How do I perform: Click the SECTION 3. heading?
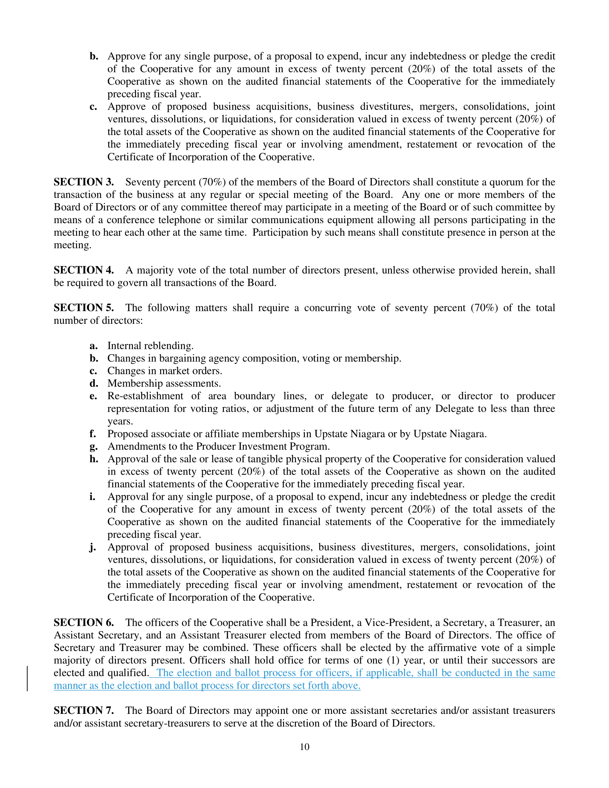pyautogui.click(x=84, y=182)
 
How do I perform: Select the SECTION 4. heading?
pyautogui.click(x=84, y=270)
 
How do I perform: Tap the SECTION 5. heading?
pyautogui.click(x=84, y=308)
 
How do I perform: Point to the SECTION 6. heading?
pyautogui.click(x=84, y=623)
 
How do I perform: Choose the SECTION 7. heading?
pyautogui.click(x=84, y=710)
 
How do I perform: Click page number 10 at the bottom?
pyautogui.click(x=304, y=747)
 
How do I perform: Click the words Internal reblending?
pyautogui.click(x=150, y=346)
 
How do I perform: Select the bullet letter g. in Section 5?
pyautogui.click(x=93, y=447)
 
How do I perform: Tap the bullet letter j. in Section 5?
pyautogui.click(x=93, y=547)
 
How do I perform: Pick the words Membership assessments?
pyautogui.click(x=164, y=383)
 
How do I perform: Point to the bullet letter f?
pyautogui.click(x=93, y=434)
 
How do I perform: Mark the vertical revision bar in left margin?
pyautogui.click(x=28, y=679)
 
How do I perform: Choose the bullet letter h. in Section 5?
pyautogui.click(x=94, y=459)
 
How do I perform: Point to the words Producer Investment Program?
pyautogui.click(x=262, y=447)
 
